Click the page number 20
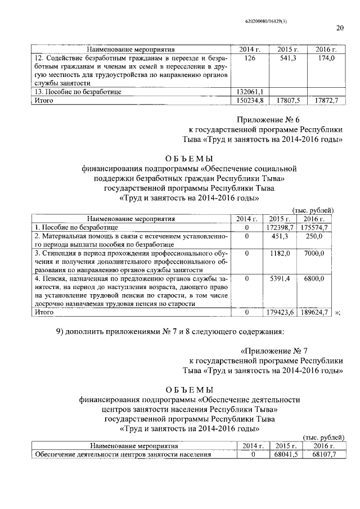[340, 28]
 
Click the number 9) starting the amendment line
[62, 330]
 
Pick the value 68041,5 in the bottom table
[286, 454]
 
